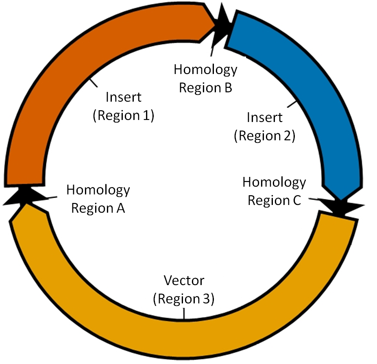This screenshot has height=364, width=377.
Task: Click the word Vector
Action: [x=184, y=281]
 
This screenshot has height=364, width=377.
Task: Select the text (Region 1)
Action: [x=123, y=116]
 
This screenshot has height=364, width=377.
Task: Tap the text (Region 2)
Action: [x=264, y=136]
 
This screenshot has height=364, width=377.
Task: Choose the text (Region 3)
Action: [x=183, y=299]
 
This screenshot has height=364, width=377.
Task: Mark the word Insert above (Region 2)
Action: [x=264, y=118]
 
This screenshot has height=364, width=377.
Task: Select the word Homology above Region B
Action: [x=205, y=70]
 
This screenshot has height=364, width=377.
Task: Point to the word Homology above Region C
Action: [x=274, y=182]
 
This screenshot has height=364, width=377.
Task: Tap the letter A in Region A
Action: [x=120, y=208]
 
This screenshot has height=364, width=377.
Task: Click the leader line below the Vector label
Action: [x=184, y=314]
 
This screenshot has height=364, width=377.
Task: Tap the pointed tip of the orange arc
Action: [x=216, y=25]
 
